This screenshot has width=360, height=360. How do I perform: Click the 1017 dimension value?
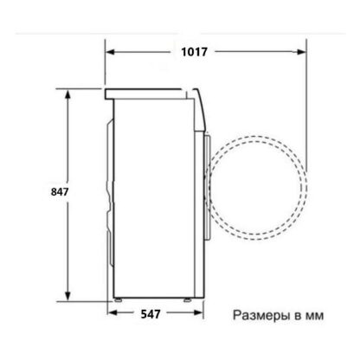(194, 52)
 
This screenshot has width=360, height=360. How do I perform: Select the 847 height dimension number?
(60, 191)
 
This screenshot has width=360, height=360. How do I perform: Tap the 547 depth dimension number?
(151, 314)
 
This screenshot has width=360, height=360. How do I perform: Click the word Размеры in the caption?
(261, 316)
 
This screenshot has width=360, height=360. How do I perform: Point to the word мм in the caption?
(314, 317)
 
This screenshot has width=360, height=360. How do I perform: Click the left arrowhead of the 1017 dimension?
(111, 52)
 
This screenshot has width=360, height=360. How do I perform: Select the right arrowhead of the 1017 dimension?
(301, 52)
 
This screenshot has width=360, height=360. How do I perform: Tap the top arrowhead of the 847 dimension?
(67, 94)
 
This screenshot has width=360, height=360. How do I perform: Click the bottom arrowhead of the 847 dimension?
(67, 296)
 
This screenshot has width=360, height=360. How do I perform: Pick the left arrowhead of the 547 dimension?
(112, 312)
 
